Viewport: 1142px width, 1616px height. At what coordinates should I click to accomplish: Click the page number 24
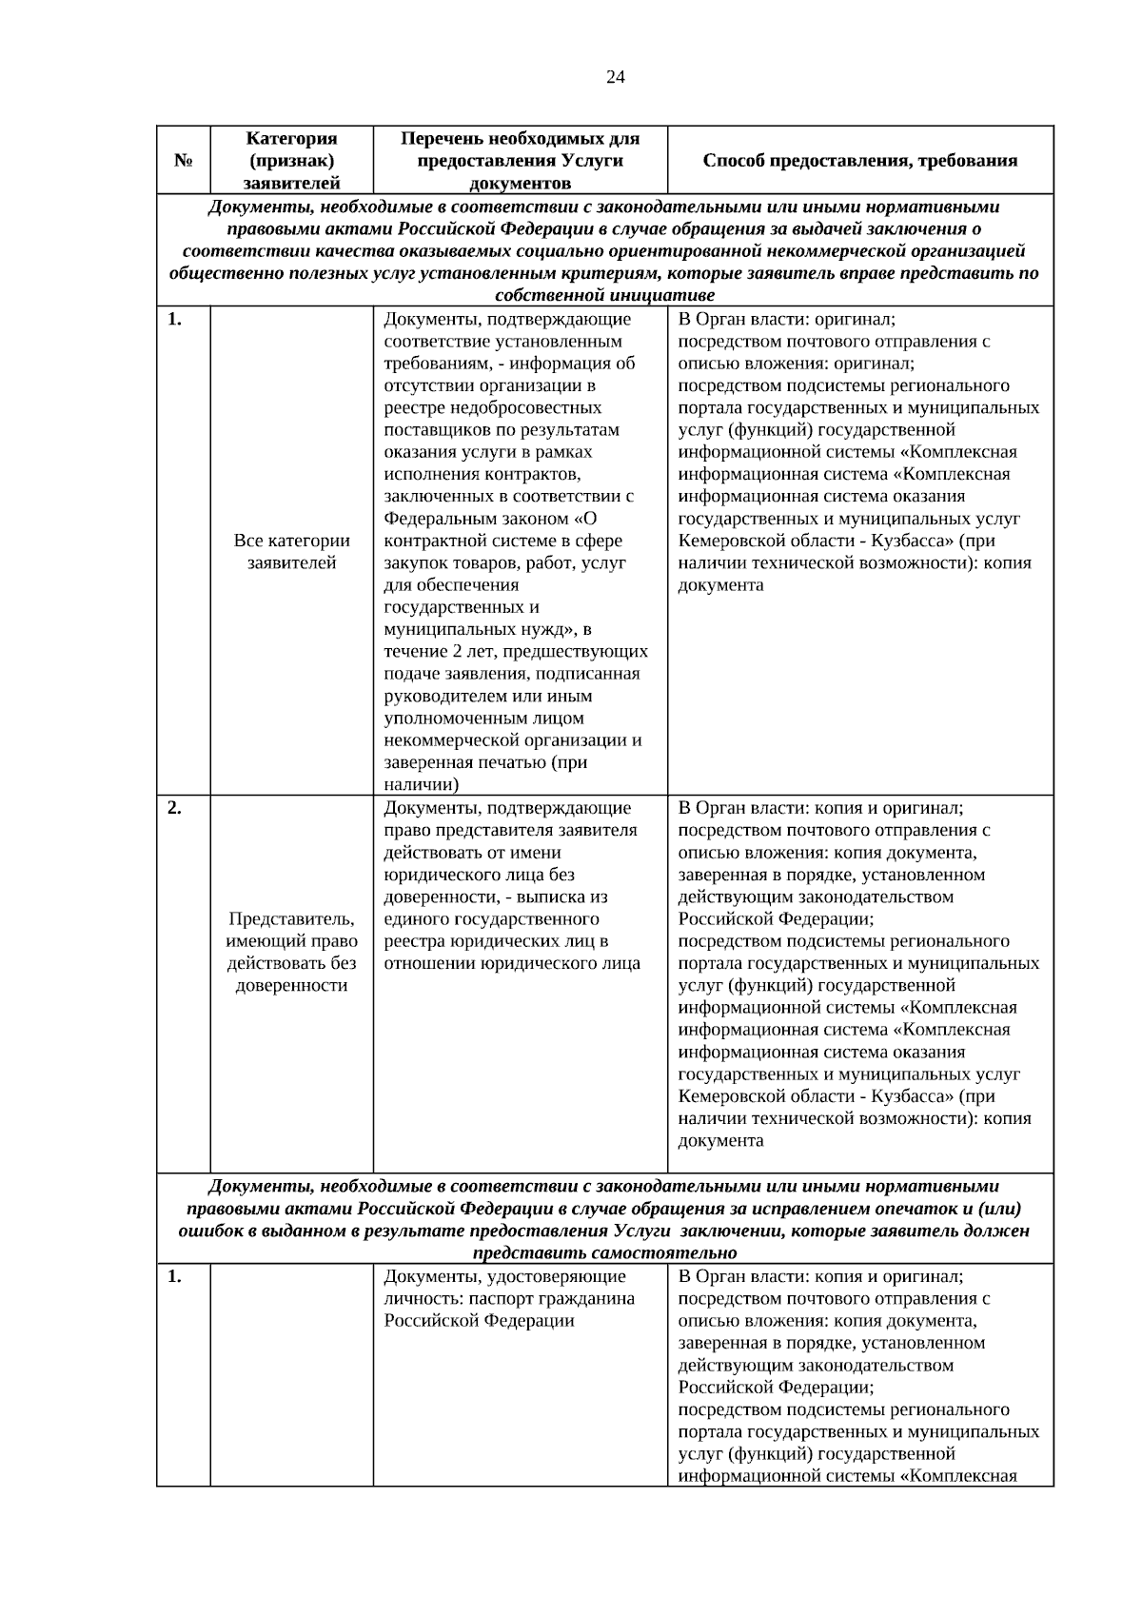pos(615,77)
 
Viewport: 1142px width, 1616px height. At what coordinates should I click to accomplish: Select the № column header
pos(184,161)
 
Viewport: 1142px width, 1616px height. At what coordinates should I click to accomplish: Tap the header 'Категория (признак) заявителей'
pos(291,161)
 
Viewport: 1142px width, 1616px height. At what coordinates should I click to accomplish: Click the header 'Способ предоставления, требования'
pos(860,161)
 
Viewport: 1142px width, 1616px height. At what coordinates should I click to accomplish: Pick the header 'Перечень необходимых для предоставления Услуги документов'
pos(520,161)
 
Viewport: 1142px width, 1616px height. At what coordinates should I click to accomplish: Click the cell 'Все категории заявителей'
pos(291,551)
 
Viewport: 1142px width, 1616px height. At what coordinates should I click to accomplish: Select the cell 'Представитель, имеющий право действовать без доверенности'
pos(291,952)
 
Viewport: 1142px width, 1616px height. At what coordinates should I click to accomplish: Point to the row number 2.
pos(174,808)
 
